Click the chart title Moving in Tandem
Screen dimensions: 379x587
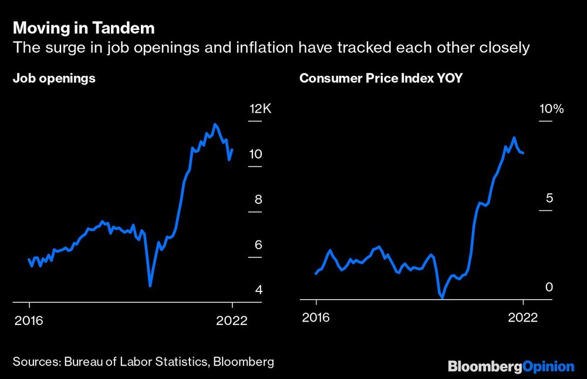(84, 28)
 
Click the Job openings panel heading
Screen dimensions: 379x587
(54, 79)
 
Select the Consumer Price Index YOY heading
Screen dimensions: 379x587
(381, 79)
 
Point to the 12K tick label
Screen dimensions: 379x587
(261, 109)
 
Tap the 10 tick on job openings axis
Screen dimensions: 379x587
(256, 155)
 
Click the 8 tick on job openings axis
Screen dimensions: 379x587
(258, 200)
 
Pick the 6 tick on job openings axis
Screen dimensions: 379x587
(258, 245)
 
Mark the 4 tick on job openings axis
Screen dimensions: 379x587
(258, 290)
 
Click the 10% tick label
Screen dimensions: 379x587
(551, 109)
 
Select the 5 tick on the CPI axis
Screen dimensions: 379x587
(549, 198)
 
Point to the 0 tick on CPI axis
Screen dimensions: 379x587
(549, 287)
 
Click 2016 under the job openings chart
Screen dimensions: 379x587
(29, 320)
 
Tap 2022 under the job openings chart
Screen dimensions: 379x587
(232, 320)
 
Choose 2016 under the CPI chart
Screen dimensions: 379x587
(316, 317)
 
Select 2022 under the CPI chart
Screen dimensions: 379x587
(522, 317)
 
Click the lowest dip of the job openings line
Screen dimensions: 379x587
(150, 286)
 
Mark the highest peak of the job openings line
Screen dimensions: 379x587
(215, 124)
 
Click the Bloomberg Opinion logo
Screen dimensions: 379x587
(511, 367)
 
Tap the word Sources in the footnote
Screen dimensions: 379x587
(34, 362)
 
